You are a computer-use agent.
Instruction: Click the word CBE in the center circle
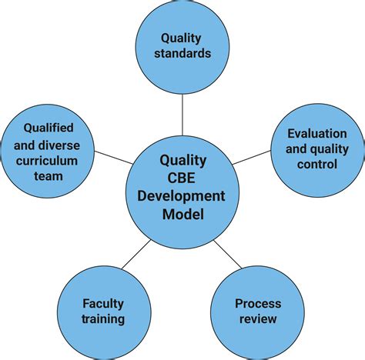[181, 178]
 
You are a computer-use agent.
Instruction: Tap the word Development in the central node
[181, 196]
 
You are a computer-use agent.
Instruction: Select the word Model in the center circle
[183, 214]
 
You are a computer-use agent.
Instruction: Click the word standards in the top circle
[182, 54]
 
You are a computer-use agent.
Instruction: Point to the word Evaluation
[317, 134]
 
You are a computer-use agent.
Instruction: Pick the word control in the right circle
[317, 164]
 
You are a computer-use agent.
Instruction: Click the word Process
[258, 304]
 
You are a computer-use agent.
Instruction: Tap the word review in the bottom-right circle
[258, 319]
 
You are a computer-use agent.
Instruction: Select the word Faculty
[103, 304]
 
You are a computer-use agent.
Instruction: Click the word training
[103, 319]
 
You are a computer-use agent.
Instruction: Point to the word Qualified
[49, 128]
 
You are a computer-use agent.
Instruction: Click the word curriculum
[47, 161]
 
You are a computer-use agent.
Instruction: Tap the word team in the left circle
[49, 176]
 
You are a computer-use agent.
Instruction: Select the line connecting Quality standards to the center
[182, 115]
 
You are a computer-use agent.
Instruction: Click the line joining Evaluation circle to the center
[252, 157]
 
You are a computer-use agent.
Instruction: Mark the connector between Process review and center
[228, 255]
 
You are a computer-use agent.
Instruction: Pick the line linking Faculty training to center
[136, 254]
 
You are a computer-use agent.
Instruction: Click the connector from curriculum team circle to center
[114, 157]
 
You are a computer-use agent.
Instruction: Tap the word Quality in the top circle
[181, 38]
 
